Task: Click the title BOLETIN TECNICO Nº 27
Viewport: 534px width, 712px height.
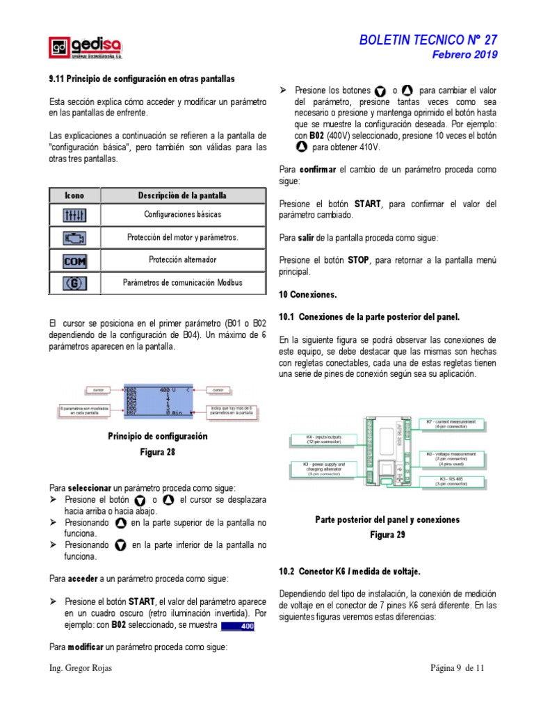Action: tap(428, 40)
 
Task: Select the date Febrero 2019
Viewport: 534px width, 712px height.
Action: tap(465, 55)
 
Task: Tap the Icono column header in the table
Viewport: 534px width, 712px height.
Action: tap(74, 195)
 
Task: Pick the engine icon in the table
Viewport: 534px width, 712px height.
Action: tap(74, 238)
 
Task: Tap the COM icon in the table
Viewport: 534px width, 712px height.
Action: tap(74, 261)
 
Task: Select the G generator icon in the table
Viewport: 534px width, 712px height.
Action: tap(74, 283)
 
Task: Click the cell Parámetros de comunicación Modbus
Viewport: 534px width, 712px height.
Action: tap(182, 283)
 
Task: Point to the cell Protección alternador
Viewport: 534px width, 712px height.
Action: tap(182, 260)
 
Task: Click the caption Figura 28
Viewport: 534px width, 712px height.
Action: tap(157, 452)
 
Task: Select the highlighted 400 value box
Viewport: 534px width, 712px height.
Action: tap(237, 626)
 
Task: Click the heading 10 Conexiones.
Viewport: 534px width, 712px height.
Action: tap(307, 295)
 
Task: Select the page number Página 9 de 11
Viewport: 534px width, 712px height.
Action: tap(456, 668)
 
